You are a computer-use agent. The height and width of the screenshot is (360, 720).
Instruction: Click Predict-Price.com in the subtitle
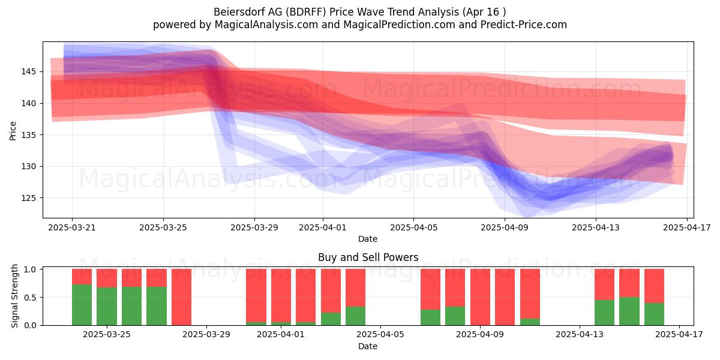pos(524,25)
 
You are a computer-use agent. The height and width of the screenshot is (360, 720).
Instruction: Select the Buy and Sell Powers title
pos(368,257)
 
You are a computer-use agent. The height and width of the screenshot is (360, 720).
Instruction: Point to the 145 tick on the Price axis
pos(28,71)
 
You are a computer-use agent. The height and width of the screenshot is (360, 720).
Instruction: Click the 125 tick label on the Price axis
pos(28,198)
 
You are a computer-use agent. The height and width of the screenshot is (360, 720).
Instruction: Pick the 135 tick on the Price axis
pos(28,135)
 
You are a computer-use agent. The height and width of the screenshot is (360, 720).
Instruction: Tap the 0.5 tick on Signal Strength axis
pos(31,298)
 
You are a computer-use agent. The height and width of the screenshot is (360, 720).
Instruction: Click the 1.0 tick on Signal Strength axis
pos(31,269)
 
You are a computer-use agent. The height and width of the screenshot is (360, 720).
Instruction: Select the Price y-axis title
pos(13,131)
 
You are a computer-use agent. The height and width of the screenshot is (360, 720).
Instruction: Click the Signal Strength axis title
pos(14,296)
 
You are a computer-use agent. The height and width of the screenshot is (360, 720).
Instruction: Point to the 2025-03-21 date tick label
pos(72,227)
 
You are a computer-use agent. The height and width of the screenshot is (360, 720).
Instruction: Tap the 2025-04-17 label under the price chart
pos(687,227)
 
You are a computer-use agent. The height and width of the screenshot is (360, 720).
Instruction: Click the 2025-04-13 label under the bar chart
pos(580,335)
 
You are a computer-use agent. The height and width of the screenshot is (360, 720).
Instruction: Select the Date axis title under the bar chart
pos(368,346)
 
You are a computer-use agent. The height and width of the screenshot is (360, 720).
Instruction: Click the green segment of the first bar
pos(82,305)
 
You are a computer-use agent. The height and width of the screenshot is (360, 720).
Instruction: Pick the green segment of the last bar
pos(654,314)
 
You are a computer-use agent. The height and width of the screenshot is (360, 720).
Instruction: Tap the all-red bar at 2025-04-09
pos(480,297)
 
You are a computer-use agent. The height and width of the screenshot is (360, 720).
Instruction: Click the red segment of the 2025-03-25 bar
pos(107,278)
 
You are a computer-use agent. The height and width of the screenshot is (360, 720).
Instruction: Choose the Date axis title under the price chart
pos(368,239)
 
